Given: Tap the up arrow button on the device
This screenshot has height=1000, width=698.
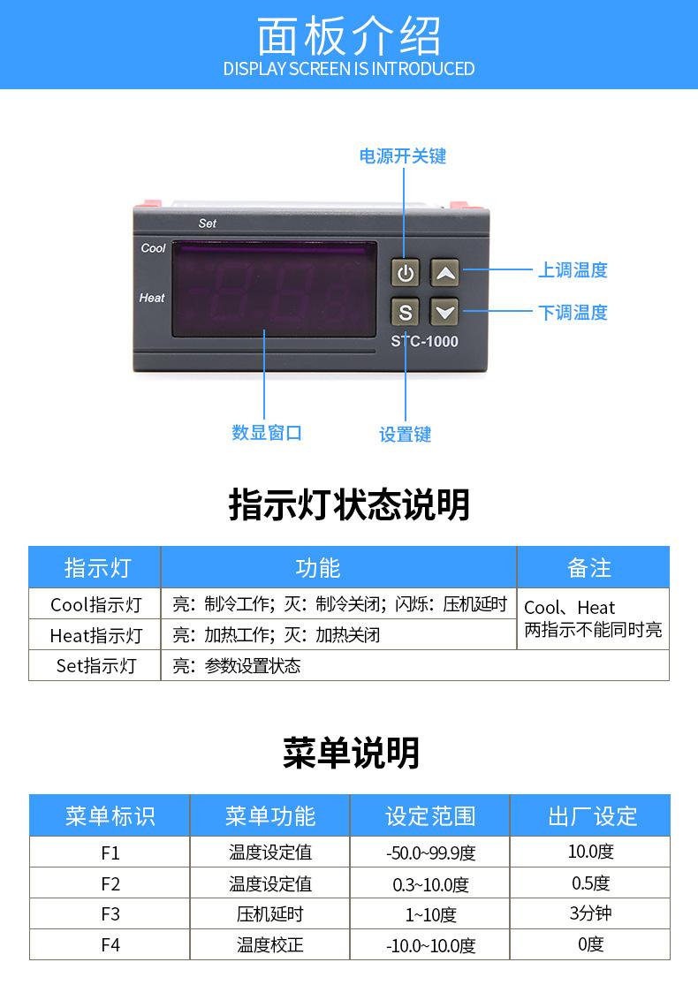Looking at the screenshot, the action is [445, 273].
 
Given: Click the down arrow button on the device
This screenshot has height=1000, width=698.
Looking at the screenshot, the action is [445, 311].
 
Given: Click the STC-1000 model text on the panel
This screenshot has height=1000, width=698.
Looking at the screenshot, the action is [424, 341].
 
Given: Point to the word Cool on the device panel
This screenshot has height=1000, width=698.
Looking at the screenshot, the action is [153, 248].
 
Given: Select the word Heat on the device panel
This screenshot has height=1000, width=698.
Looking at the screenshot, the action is [152, 298].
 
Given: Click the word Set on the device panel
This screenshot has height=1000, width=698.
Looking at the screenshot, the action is [208, 223].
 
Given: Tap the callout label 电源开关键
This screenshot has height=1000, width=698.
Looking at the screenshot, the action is [403, 156].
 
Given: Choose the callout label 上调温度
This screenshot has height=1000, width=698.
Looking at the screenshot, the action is [573, 270].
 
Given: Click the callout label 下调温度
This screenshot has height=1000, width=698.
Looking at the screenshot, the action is [573, 312].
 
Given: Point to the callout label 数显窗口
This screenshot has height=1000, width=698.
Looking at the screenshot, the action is [267, 433].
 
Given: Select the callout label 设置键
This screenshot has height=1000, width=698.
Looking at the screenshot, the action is [406, 435].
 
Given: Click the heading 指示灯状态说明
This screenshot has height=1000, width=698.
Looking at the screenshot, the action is [349, 505].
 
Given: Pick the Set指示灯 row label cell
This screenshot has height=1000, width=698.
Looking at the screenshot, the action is [95, 665].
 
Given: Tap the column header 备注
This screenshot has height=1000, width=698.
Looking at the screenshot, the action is [589, 568].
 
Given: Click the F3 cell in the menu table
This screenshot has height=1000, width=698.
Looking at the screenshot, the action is [110, 914].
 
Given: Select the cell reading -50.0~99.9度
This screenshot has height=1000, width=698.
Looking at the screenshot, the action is [430, 853].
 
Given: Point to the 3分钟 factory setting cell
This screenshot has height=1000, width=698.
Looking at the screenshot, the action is [590, 913].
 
